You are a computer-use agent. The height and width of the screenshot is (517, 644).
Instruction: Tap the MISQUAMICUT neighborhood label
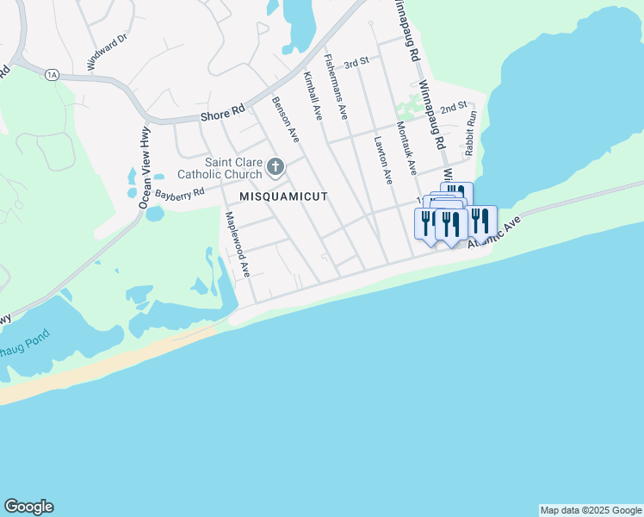[x=283, y=196]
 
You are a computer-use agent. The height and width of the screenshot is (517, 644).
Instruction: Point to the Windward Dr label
[x=107, y=51]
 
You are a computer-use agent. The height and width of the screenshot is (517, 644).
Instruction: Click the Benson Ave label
[x=285, y=118]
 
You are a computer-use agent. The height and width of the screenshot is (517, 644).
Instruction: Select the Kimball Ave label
[x=312, y=96]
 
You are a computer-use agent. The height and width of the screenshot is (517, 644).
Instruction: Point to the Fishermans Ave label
[x=336, y=86]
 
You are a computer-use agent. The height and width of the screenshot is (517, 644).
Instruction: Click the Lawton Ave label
[x=383, y=159]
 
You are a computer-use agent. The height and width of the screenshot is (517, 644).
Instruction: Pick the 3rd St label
[x=356, y=64]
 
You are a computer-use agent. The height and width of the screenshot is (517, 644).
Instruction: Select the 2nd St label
[x=453, y=109]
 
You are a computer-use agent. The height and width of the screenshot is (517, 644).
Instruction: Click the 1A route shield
[x=51, y=75]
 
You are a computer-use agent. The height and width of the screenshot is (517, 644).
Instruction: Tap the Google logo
[x=28, y=507]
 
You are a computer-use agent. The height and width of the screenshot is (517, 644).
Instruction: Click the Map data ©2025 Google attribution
[x=591, y=510]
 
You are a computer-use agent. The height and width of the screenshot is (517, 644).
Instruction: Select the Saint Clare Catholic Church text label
[x=232, y=168]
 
